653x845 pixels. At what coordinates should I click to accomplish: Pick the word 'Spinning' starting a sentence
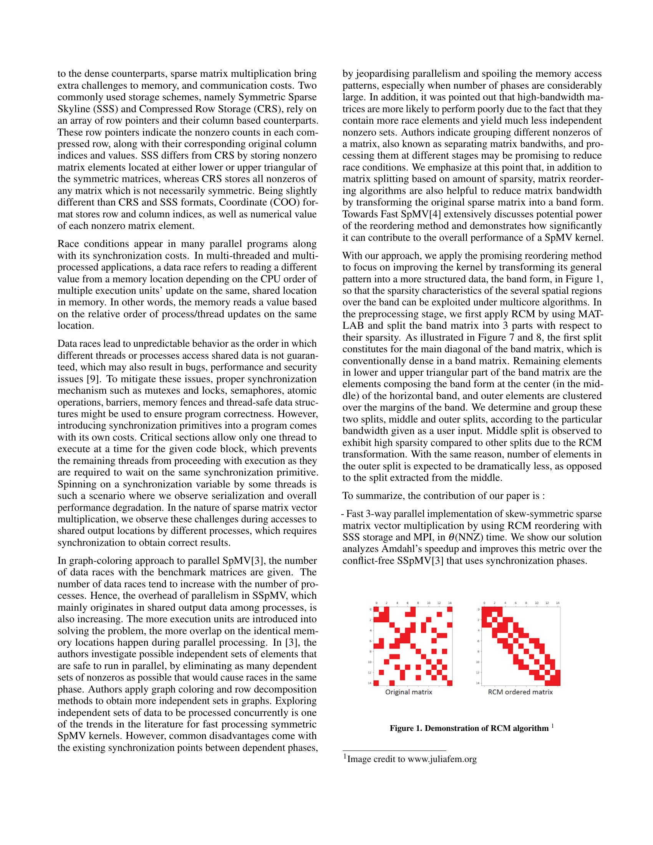pos(74,484)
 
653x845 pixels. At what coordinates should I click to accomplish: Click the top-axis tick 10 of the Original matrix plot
pos(429,603)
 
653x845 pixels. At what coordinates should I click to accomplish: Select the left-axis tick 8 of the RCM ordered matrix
pos(479,651)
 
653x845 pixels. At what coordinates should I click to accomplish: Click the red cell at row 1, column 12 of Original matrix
pos(439,614)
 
